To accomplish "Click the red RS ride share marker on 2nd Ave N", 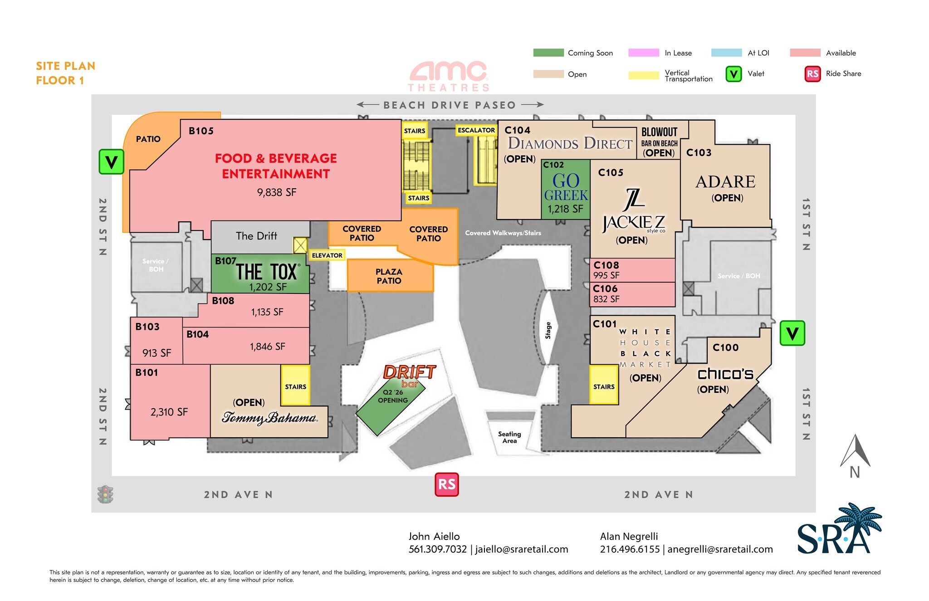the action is (x=447, y=484).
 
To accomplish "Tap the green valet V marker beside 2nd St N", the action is (x=111, y=162).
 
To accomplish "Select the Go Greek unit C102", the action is (x=566, y=189).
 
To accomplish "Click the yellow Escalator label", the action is (x=476, y=130).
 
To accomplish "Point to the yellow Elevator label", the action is (x=327, y=255).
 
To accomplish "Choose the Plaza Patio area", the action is (x=390, y=275).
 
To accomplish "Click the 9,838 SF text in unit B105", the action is (x=277, y=192).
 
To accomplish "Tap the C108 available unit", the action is (x=632, y=270).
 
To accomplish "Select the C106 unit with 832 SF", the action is (x=632, y=294).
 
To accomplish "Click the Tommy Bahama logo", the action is (x=269, y=418).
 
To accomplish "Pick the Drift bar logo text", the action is (x=410, y=376).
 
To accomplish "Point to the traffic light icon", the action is (x=105, y=494).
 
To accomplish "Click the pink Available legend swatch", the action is (x=805, y=53).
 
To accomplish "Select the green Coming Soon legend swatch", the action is (x=548, y=53).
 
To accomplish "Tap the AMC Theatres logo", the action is (x=448, y=77).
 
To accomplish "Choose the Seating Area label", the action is (x=509, y=437).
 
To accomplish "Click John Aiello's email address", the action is (x=522, y=549).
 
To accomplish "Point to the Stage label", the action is (x=548, y=330).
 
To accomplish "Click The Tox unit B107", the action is (x=260, y=274).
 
